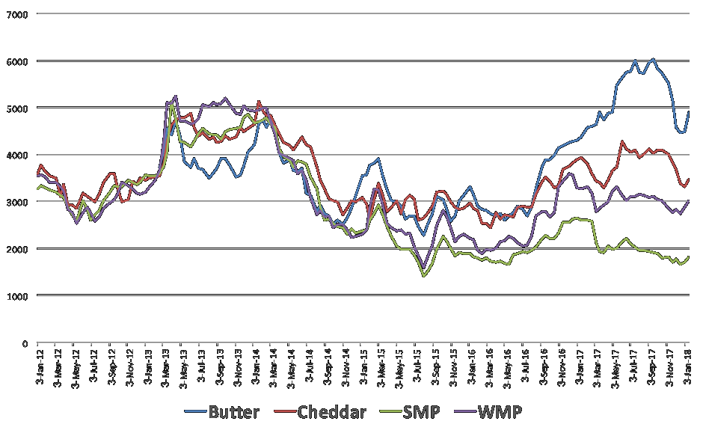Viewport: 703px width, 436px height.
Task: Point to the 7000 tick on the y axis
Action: click(17, 14)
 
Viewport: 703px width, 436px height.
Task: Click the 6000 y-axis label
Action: click(17, 61)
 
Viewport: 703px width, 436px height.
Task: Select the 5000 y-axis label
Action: click(17, 108)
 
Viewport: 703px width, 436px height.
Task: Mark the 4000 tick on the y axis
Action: click(17, 155)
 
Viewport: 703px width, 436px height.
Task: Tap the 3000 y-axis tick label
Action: click(17, 202)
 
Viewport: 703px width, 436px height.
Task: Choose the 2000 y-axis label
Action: click(17, 249)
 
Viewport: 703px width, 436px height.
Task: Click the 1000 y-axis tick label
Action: click(17, 296)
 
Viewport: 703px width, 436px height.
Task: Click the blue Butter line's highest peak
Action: click(653, 59)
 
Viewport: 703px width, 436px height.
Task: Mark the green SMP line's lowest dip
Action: click(424, 276)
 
